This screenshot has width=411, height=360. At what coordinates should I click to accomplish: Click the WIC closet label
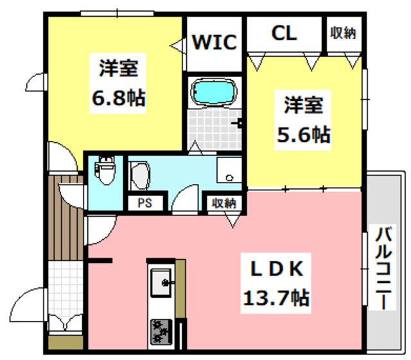pyautogui.click(x=215, y=42)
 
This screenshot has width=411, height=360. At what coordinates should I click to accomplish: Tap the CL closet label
pyautogui.click(x=283, y=33)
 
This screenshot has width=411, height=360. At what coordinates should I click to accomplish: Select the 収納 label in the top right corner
pyautogui.click(x=343, y=33)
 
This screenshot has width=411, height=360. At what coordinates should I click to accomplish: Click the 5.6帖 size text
pyautogui.click(x=304, y=134)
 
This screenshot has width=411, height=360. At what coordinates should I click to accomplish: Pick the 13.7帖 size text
pyautogui.click(x=276, y=297)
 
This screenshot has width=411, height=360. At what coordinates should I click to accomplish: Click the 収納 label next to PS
pyautogui.click(x=223, y=203)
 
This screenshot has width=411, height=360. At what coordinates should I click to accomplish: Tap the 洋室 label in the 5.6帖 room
pyautogui.click(x=303, y=104)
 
